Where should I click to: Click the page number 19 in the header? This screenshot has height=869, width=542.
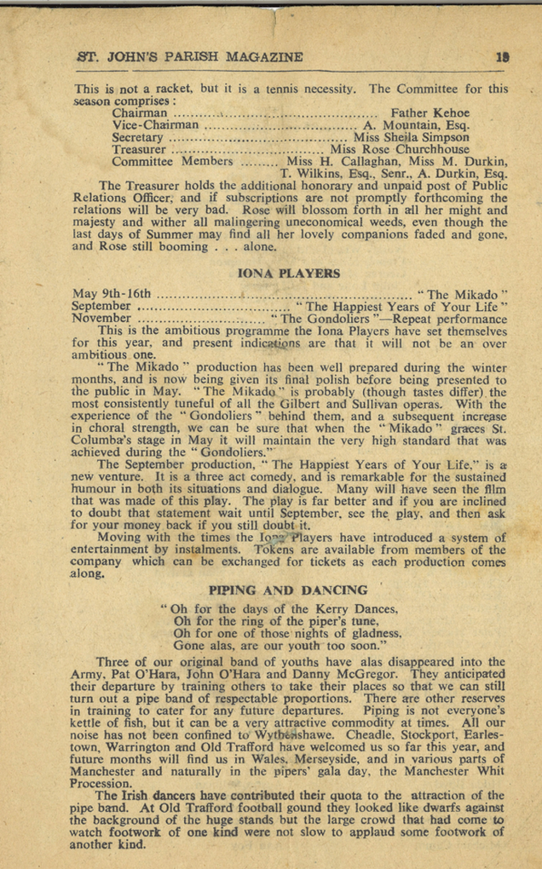point(503,57)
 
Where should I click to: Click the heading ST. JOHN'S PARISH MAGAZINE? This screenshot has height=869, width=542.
point(190,57)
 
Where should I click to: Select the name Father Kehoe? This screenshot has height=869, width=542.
point(430,113)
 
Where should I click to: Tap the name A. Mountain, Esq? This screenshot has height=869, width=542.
point(416,125)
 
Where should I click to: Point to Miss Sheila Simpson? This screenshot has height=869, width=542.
point(411,137)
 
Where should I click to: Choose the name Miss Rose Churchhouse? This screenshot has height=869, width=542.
point(400,149)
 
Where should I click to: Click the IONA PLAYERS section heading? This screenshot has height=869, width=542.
point(289,274)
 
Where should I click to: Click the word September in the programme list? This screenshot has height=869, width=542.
point(101,306)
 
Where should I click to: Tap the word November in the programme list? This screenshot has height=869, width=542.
point(102,319)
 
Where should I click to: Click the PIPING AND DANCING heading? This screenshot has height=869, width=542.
point(288,590)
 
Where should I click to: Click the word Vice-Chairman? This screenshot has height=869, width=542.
point(155,125)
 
